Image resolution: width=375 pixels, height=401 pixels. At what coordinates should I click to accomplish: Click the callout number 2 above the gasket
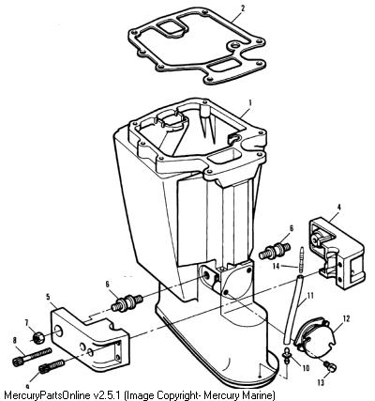pos(243,8)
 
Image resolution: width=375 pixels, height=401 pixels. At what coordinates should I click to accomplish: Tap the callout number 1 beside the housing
pos(250,102)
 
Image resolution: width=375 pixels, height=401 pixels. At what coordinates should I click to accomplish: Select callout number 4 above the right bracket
pos(339,207)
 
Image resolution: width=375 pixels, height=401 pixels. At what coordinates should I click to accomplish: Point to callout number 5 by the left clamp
pos(48,296)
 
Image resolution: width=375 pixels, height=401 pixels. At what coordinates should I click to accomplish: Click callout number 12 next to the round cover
pos(346,318)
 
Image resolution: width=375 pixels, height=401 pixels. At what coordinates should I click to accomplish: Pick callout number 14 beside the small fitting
pos(277,267)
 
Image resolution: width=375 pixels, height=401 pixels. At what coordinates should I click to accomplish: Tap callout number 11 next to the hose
pos(310,295)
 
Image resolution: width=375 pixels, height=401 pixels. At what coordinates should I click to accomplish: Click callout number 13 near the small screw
pos(321,382)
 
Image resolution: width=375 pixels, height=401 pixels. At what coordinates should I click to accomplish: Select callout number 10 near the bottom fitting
pos(305,367)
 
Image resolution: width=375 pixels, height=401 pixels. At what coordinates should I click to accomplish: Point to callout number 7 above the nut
pos(27,321)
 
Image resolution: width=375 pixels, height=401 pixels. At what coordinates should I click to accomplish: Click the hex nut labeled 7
pos(37,338)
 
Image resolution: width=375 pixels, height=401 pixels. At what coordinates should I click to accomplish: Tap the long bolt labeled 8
pos(31,356)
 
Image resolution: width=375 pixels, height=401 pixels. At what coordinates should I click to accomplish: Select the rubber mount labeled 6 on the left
pos(127,303)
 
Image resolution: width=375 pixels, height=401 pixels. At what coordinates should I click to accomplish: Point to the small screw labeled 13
pos(329,366)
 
